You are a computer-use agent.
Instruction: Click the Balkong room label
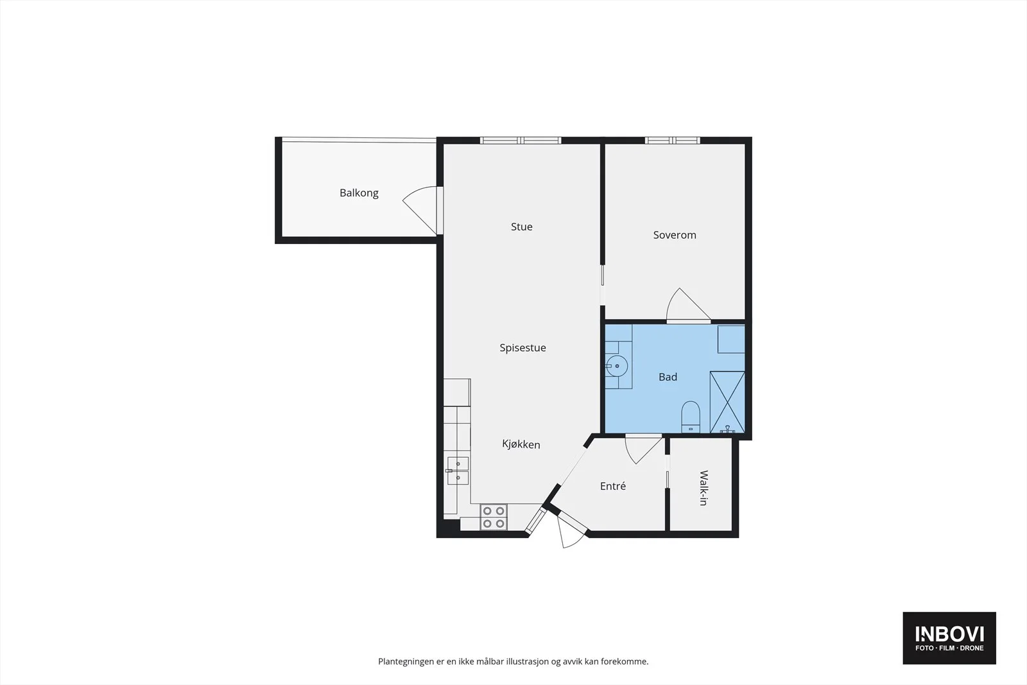point(359,193)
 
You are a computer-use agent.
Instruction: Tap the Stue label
point(522,227)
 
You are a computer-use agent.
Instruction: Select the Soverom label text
point(675,235)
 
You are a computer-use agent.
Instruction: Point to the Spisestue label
point(522,348)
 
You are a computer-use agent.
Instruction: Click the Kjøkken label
point(521,444)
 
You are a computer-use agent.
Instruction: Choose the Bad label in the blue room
point(668,377)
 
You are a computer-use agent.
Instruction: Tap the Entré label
point(612,486)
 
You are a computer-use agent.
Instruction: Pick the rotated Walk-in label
point(703,488)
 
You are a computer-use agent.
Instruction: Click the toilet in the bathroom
point(691,417)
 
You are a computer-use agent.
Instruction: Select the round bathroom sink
point(616,366)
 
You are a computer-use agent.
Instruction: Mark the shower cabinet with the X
point(727,402)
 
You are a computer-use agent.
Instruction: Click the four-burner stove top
point(494,517)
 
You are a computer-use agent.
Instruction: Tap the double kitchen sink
point(458,471)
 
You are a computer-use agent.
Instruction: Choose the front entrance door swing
point(571,532)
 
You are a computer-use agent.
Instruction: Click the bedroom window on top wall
point(672,141)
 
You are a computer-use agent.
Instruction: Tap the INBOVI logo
point(949,637)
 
